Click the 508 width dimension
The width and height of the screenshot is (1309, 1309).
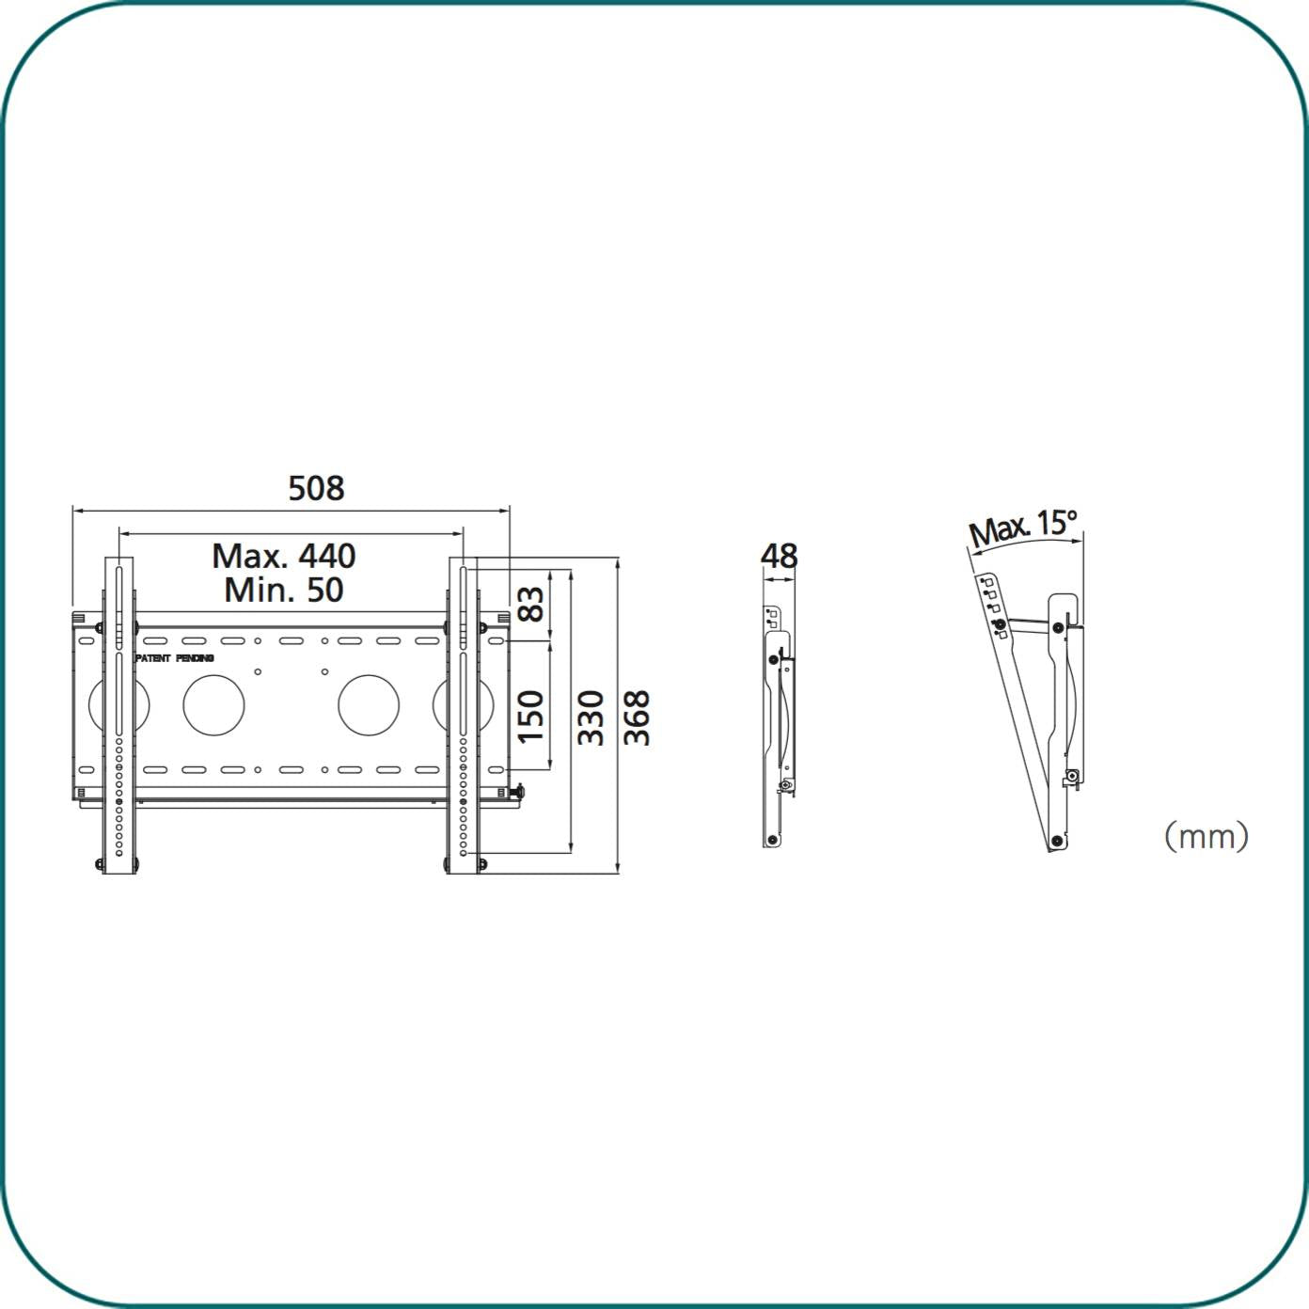(316, 488)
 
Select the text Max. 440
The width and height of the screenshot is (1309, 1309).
(283, 555)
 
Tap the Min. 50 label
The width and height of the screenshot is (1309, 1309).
(283, 591)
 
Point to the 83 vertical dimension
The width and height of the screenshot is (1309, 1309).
(531, 603)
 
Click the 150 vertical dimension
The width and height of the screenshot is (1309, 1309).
(531, 716)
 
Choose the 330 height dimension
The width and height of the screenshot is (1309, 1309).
(591, 718)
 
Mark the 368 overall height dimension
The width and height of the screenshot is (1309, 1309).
(637, 718)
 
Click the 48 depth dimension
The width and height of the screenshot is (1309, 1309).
(779, 556)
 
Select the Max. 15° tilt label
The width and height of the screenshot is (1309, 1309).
(1022, 528)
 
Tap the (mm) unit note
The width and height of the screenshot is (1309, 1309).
(1206, 835)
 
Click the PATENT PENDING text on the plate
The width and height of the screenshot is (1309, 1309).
(175, 658)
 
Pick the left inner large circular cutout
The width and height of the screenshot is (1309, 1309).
(213, 704)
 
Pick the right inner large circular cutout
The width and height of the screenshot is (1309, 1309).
(369, 704)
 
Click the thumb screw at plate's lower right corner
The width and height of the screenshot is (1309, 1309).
(518, 792)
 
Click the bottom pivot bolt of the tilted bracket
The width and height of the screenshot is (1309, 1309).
(1057, 840)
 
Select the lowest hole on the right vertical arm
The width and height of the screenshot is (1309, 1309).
(463, 853)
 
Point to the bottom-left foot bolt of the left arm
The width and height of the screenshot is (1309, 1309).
(101, 864)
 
